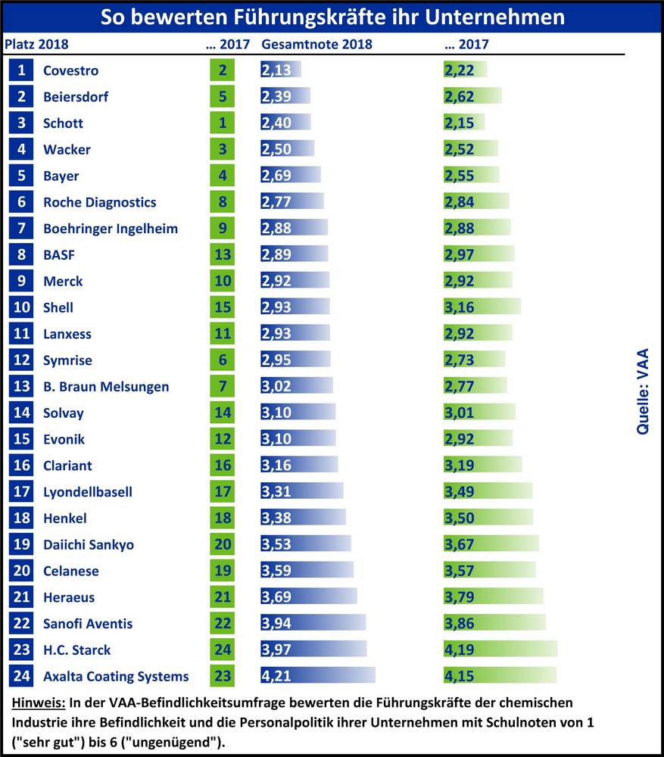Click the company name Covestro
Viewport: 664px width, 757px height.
click(x=70, y=70)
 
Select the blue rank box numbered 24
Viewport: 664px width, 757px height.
click(x=22, y=676)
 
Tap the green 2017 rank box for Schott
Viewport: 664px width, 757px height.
click(x=222, y=123)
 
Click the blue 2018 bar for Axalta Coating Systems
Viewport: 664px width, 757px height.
click(x=318, y=676)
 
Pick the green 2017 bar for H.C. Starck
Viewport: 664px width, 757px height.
click(x=500, y=650)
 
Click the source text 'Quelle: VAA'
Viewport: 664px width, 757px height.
click(x=643, y=391)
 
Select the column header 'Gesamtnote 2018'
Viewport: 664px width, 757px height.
click(x=316, y=44)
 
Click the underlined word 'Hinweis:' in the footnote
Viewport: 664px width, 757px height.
click(x=39, y=703)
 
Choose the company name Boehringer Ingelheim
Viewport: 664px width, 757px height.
click(x=111, y=229)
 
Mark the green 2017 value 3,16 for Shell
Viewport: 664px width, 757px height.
click(x=459, y=307)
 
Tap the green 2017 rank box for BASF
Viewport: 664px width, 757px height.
click(x=222, y=255)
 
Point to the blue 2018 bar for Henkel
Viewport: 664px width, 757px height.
click(x=303, y=518)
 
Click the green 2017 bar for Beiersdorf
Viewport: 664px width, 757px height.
click(x=472, y=97)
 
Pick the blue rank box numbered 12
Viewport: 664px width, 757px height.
click(x=22, y=360)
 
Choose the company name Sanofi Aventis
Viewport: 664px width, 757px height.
click(x=88, y=624)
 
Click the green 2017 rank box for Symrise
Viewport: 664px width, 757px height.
click(x=222, y=360)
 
